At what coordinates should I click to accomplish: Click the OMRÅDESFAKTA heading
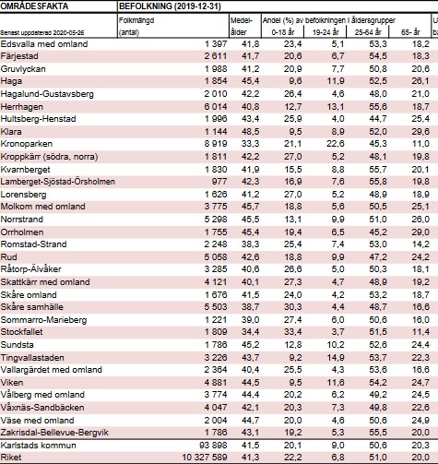(x=34, y=6)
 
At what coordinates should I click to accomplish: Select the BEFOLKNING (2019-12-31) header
(x=170, y=6)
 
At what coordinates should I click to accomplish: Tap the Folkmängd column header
(x=136, y=20)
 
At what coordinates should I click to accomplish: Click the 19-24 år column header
(x=326, y=32)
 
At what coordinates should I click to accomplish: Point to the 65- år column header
(x=410, y=32)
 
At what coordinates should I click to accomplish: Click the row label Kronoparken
(x=27, y=144)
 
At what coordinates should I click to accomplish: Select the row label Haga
(x=11, y=81)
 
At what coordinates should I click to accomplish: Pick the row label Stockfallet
(x=21, y=332)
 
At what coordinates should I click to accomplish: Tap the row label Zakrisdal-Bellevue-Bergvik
(x=54, y=433)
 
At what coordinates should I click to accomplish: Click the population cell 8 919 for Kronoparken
(x=216, y=144)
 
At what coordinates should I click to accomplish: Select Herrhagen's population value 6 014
(x=216, y=107)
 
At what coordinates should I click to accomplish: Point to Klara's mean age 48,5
(x=251, y=132)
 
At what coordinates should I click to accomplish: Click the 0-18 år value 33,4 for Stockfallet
(x=293, y=332)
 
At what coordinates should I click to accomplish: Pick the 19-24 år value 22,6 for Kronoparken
(x=336, y=144)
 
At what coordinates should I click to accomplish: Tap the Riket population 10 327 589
(x=205, y=458)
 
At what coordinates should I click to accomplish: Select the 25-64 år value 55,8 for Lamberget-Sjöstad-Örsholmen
(x=378, y=182)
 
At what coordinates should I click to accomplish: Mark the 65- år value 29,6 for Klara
(x=420, y=132)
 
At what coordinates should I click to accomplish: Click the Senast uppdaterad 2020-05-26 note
(x=42, y=33)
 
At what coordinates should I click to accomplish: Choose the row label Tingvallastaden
(x=32, y=358)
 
